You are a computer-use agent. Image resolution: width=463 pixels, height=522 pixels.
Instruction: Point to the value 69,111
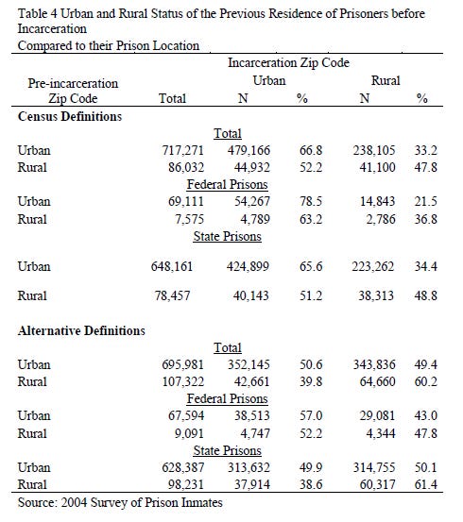click(x=191, y=202)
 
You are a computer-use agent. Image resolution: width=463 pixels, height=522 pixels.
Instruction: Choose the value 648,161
click(x=187, y=267)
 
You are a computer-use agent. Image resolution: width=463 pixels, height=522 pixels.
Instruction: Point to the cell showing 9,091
click(x=195, y=434)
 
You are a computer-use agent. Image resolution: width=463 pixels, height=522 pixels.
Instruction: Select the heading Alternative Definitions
click(x=80, y=330)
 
